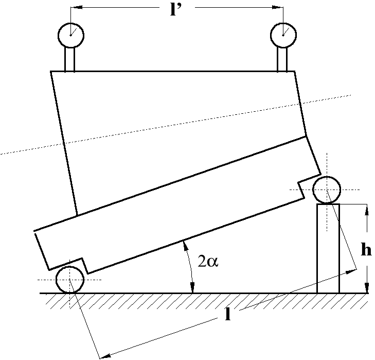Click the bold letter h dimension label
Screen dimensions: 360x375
click(366, 251)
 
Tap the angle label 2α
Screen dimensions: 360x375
click(208, 261)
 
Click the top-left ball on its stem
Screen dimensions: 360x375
click(70, 34)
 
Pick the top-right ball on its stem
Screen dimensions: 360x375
click(283, 34)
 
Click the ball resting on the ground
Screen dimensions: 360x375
click(70, 280)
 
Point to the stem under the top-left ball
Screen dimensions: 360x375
click(70, 59)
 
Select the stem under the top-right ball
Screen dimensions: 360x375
click(282, 59)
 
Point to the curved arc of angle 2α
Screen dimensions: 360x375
click(189, 268)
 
